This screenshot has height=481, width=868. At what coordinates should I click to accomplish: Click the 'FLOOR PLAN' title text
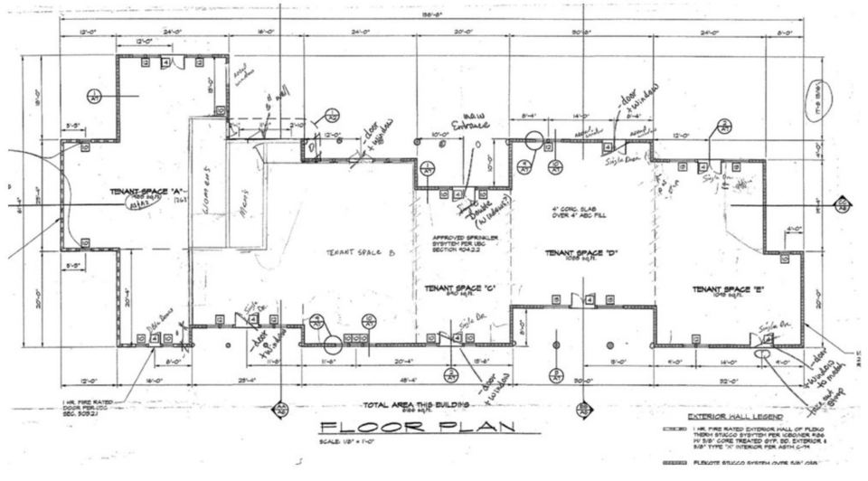[x=415, y=428]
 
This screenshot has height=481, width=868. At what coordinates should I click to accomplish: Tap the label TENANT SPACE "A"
[x=147, y=192]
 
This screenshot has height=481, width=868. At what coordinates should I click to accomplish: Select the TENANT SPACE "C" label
[x=459, y=288]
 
